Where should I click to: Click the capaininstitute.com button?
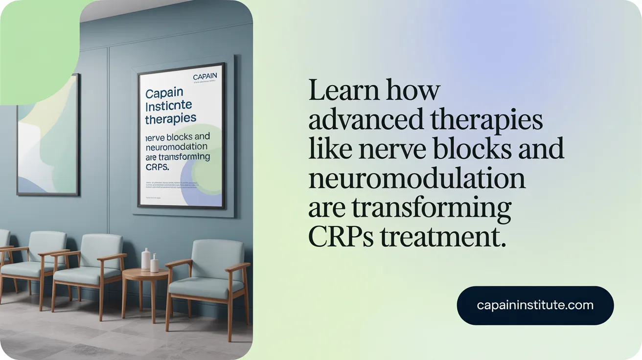(535, 305)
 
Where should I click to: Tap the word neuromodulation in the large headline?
(417, 180)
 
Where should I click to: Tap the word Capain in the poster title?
(164, 93)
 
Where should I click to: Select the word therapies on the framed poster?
(170, 118)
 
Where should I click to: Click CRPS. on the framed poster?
(157, 167)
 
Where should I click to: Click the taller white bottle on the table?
(146, 260)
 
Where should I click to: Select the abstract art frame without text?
(47, 135)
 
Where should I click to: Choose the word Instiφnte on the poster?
(168, 106)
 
